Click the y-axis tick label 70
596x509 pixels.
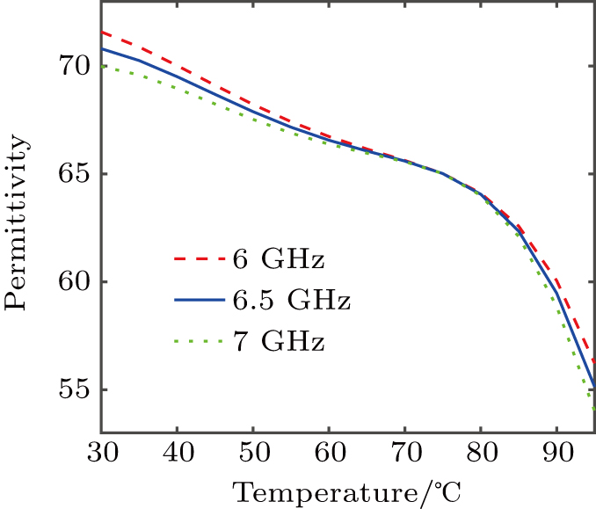pyautogui.click(x=69, y=66)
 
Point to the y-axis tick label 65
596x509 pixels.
pyautogui.click(x=69, y=174)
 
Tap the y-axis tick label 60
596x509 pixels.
pyautogui.click(x=69, y=282)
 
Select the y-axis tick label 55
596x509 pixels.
pyautogui.click(x=69, y=390)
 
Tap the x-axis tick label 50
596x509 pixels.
pyautogui.click(x=253, y=454)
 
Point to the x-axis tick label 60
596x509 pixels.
pyautogui.click(x=329, y=454)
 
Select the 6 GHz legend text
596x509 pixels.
pyautogui.click(x=279, y=260)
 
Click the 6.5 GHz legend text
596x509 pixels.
pyautogui.click(x=292, y=301)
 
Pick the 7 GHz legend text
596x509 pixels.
pyautogui.click(x=279, y=341)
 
